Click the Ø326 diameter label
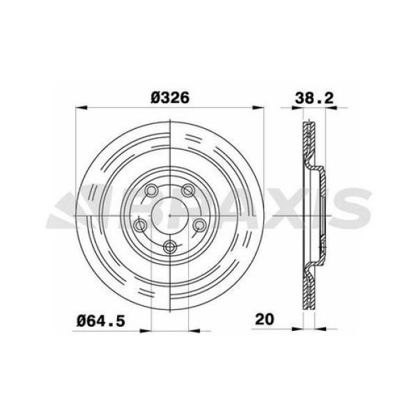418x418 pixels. click(x=170, y=98)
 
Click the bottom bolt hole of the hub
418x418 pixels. click(x=169, y=245)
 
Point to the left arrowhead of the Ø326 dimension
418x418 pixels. click(x=78, y=108)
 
